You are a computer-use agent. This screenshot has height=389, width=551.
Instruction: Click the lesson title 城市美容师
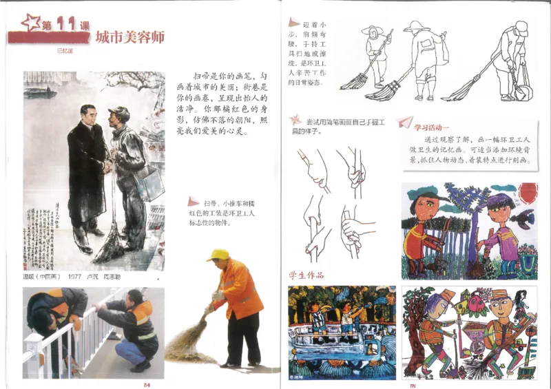[130, 37]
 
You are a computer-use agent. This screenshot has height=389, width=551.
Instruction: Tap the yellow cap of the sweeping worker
[218, 255]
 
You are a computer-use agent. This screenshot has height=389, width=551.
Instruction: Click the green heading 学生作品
[306, 276]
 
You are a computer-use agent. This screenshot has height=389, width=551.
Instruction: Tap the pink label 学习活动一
[431, 127]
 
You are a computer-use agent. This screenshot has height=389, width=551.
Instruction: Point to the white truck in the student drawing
[331, 342]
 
